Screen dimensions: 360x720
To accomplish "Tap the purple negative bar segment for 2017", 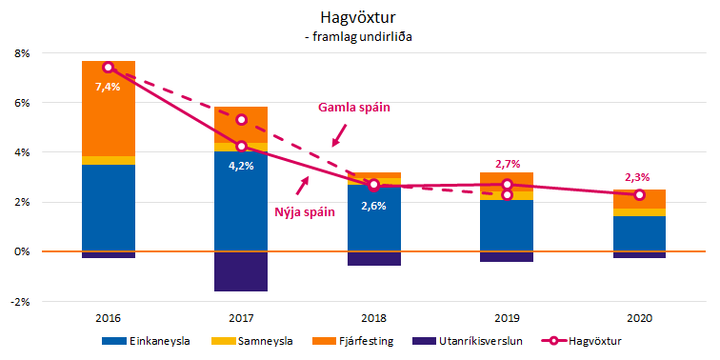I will point(241,271).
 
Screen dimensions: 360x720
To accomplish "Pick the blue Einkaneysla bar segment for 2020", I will point(639,233).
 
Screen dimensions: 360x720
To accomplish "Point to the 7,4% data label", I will point(108,87).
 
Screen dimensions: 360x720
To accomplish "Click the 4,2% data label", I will point(240,164).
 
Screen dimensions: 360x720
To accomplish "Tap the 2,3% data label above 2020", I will point(639,175).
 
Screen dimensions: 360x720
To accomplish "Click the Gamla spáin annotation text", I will point(353,108).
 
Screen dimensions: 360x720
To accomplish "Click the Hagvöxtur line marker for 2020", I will point(639,194).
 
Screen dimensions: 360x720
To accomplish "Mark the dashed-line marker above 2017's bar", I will point(241,119).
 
